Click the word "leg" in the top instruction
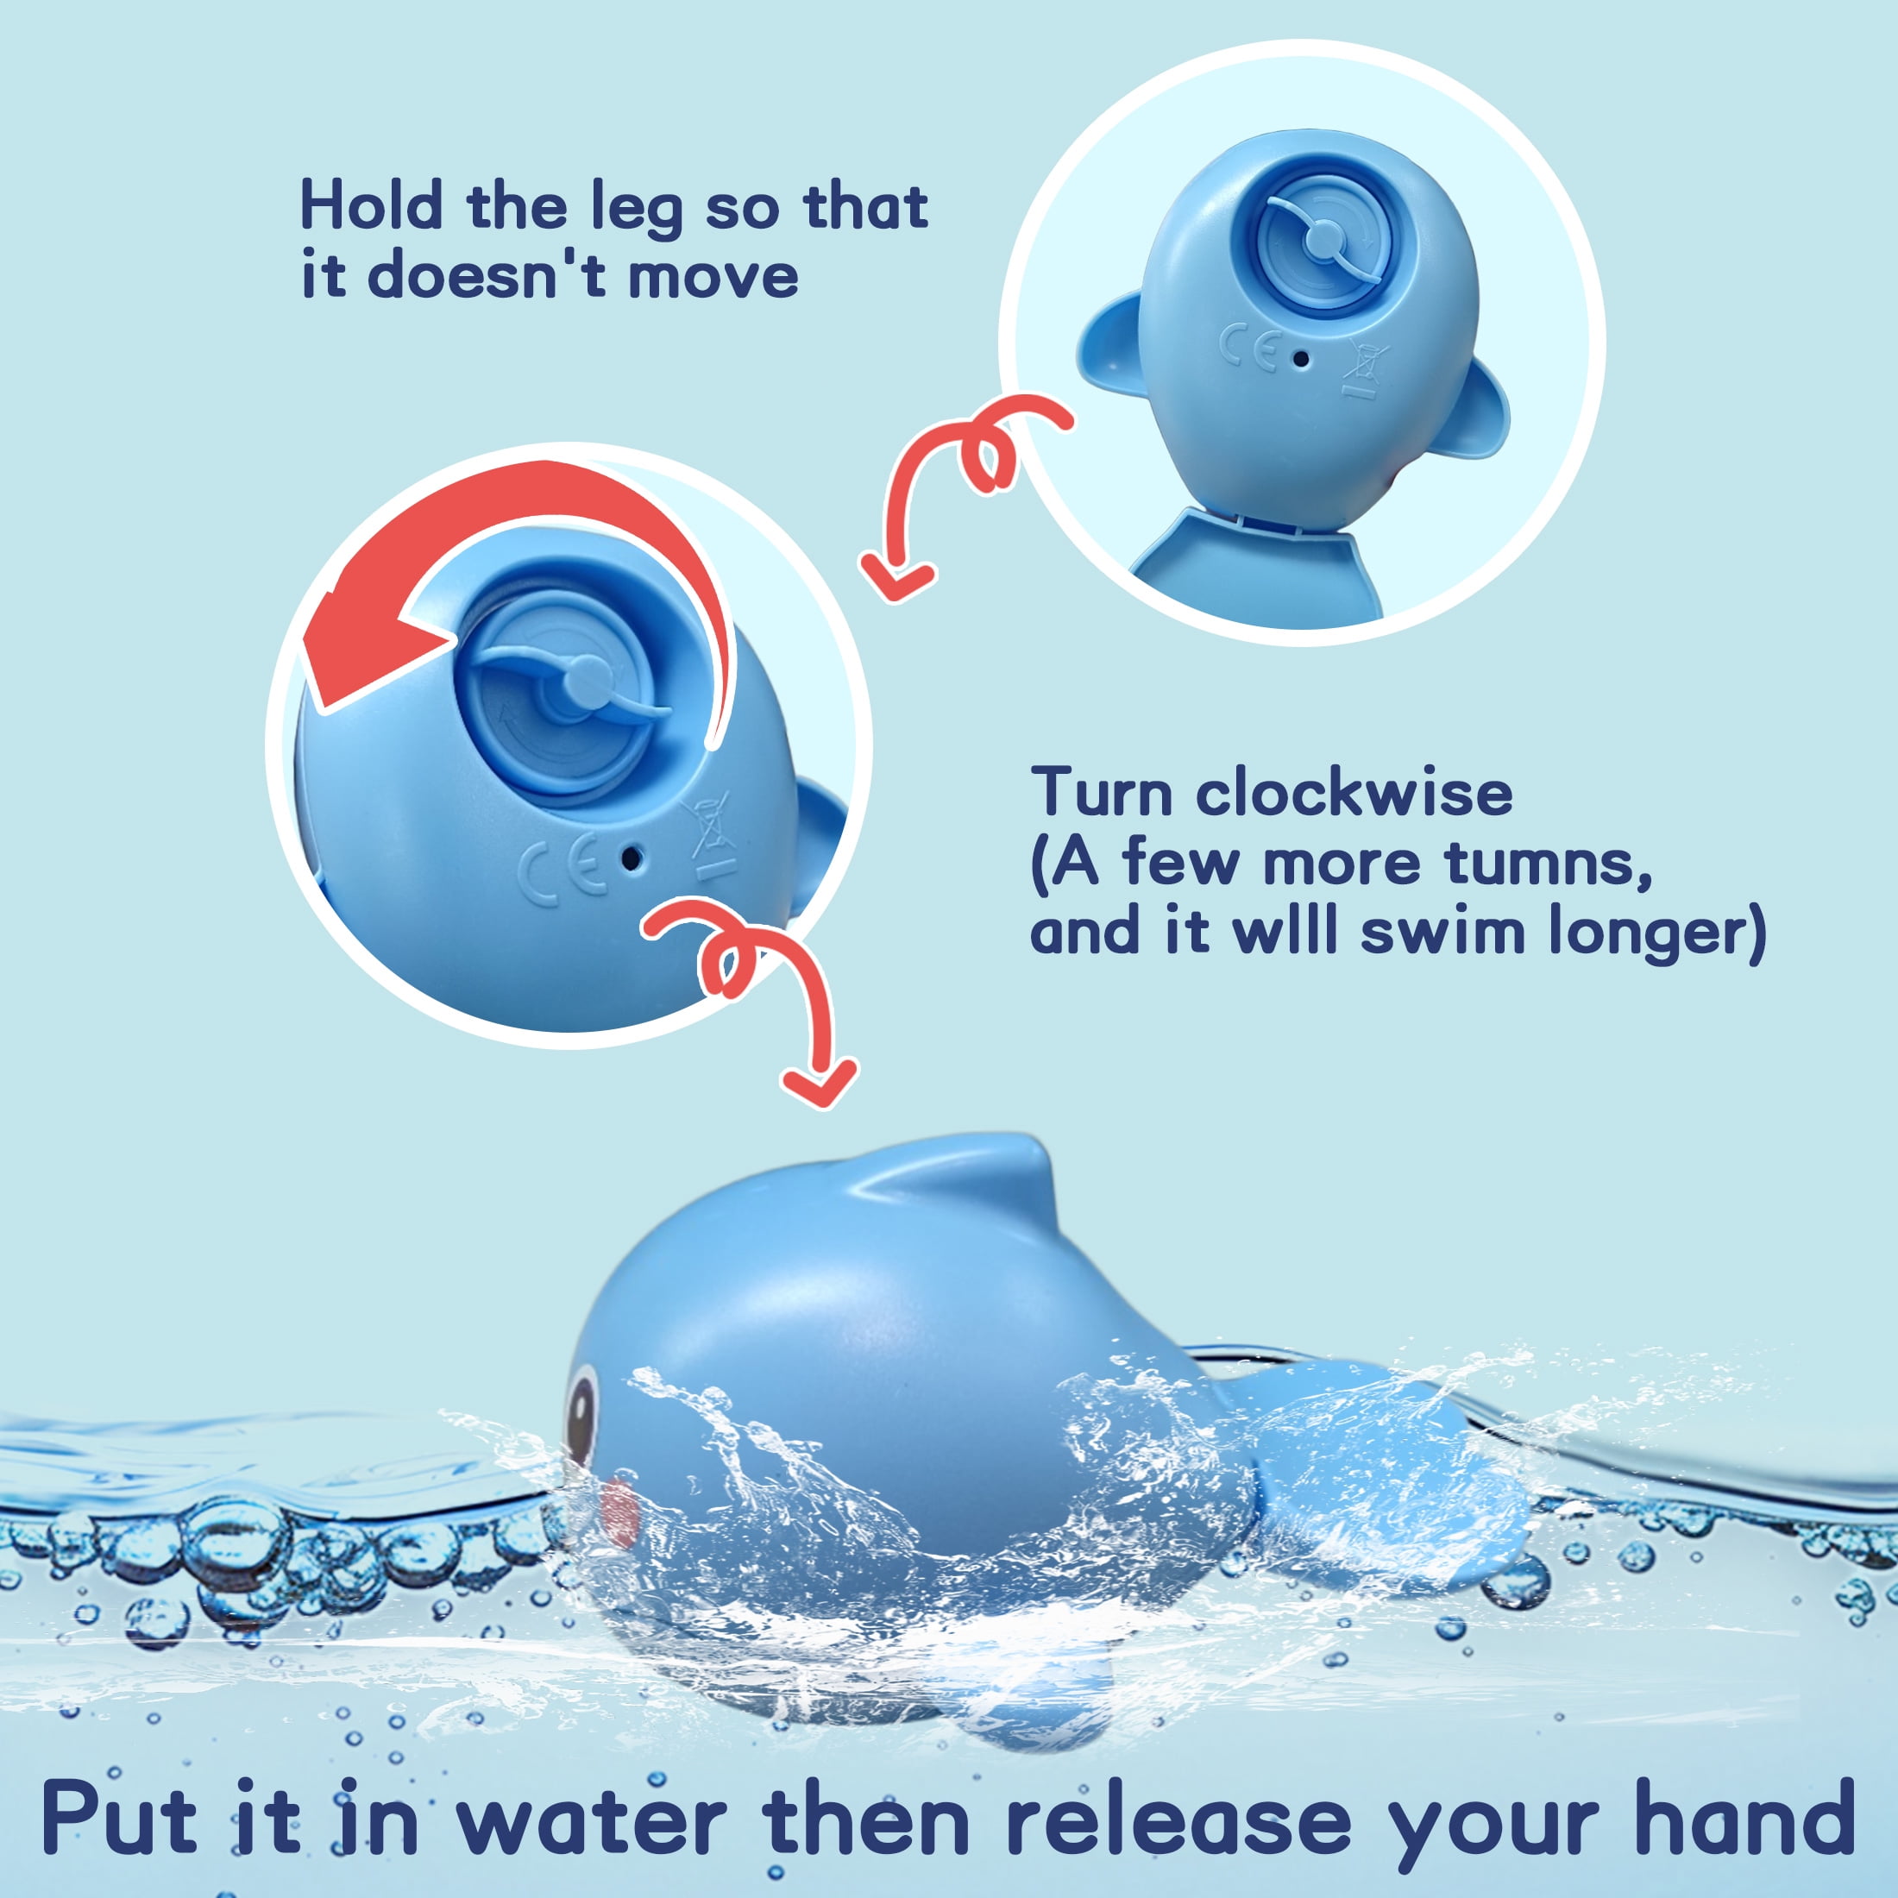(636, 211)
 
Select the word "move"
(713, 277)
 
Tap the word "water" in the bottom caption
(592, 1819)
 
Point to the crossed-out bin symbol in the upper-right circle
(1362, 368)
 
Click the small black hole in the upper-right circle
(1302, 360)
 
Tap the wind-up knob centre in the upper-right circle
(1323, 236)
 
